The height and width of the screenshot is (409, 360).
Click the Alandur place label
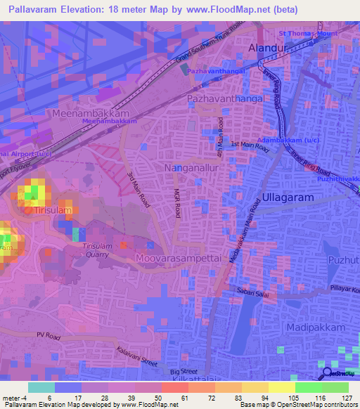click(270, 48)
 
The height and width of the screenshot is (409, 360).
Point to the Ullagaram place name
click(288, 198)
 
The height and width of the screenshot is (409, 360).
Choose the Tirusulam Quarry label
click(96, 250)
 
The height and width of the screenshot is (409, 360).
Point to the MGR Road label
click(177, 204)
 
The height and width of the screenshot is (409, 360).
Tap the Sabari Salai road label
click(252, 290)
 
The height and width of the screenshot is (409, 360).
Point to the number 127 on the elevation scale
click(347, 398)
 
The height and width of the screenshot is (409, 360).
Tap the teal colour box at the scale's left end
click(41, 387)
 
